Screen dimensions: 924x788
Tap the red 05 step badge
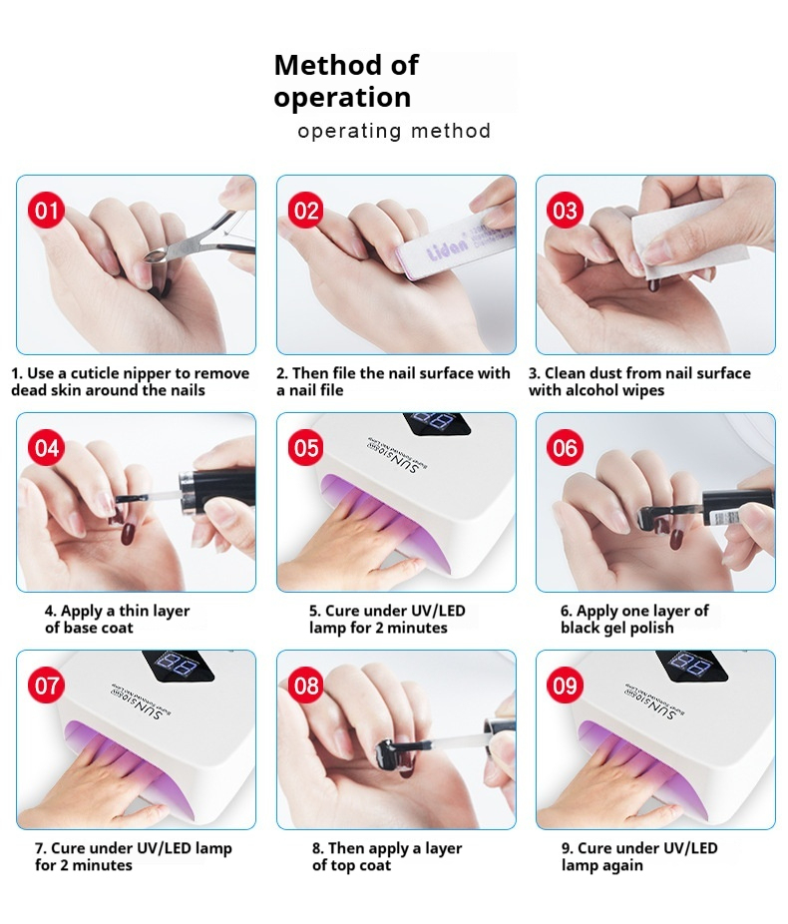306,448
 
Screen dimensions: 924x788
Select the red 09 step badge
566,686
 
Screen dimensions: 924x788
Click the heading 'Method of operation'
345,81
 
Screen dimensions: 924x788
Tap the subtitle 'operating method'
394,131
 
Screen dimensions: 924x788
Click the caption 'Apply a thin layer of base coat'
117,619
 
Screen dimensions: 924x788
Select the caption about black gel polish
634,619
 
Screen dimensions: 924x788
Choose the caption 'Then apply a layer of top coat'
387,856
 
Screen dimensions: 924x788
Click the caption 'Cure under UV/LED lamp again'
638,856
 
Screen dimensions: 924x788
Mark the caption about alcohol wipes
639,381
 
